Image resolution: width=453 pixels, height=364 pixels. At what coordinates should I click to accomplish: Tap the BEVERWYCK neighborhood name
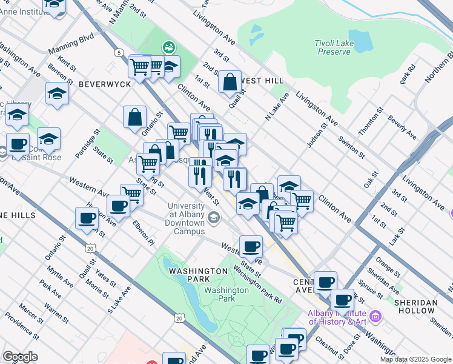(104, 84)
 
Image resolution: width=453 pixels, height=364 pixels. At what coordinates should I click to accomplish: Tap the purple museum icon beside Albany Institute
(375, 315)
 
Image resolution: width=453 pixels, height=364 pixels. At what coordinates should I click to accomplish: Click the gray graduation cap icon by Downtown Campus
(213, 217)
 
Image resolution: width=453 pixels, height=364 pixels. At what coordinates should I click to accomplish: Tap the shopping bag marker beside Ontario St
(135, 117)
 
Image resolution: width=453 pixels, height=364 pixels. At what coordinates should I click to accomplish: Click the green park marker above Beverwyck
(168, 47)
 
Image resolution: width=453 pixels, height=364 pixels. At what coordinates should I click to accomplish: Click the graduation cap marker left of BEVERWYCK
(57, 93)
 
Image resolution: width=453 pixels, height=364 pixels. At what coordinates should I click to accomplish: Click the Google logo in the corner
(20, 357)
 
